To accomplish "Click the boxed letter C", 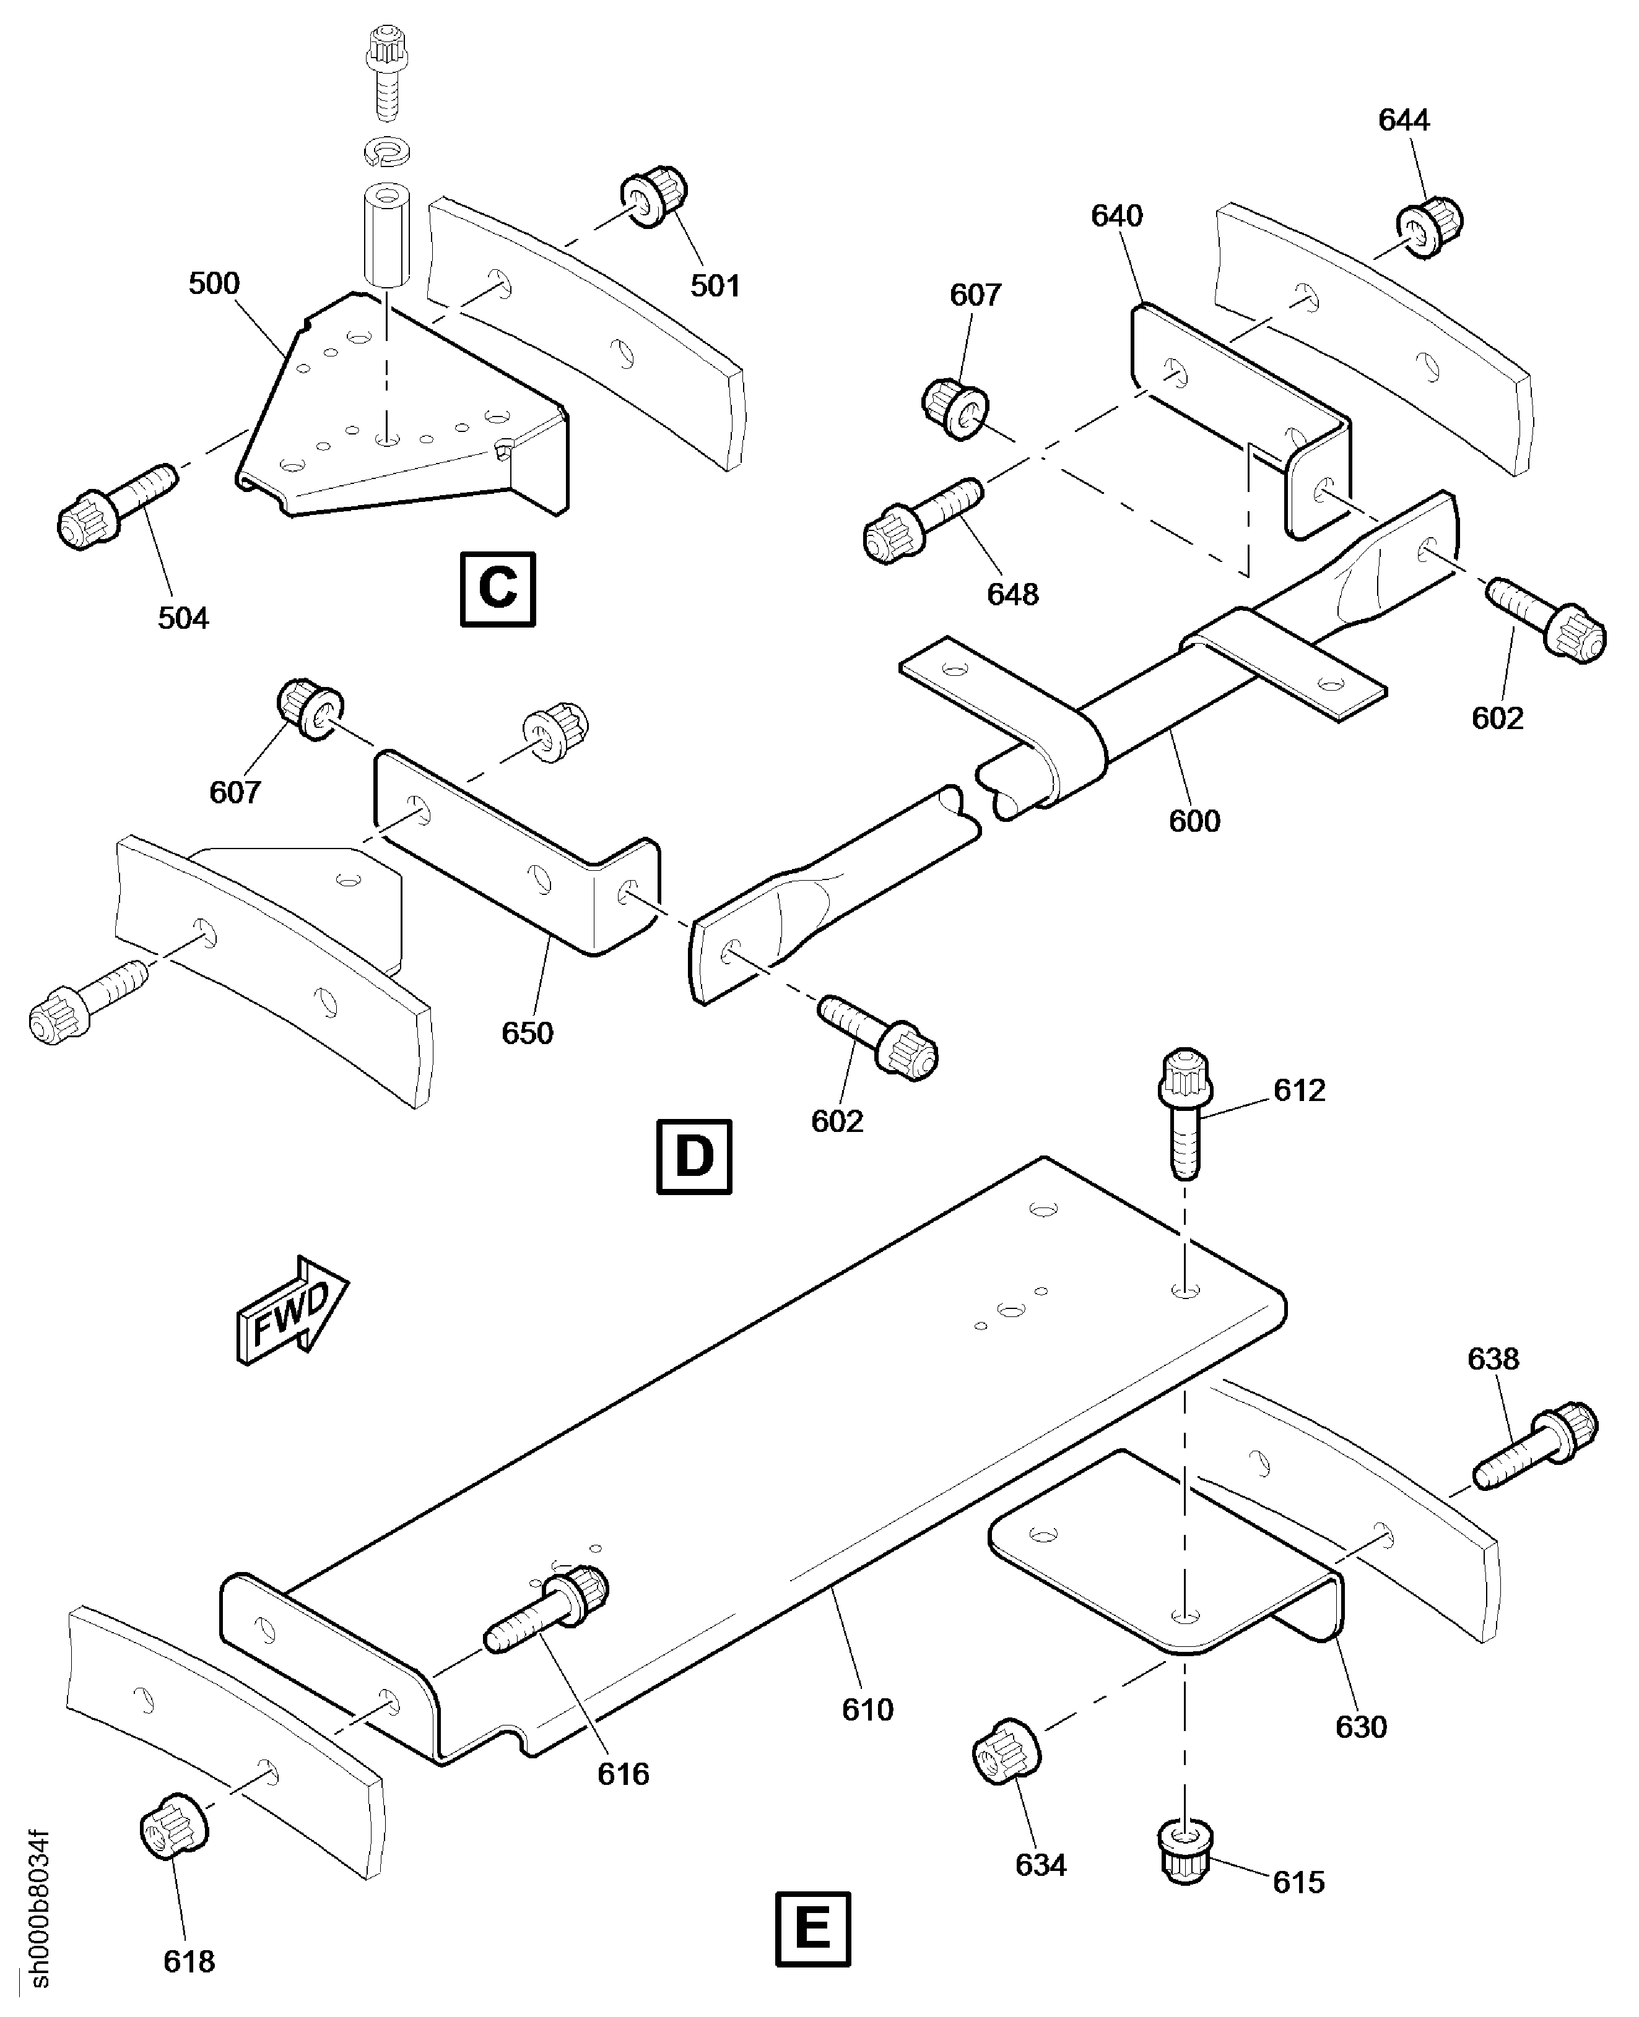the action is [x=498, y=589].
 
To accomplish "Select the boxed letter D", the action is [x=694, y=1156].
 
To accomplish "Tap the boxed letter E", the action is [x=813, y=1929].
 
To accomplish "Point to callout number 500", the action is [x=214, y=283].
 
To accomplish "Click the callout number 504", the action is [x=183, y=618].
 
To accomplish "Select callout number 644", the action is [x=1404, y=120].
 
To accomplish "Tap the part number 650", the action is [x=527, y=1034].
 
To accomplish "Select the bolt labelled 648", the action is [x=923, y=522].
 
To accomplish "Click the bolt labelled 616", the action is [x=547, y=1607].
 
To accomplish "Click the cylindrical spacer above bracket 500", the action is [x=387, y=234].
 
